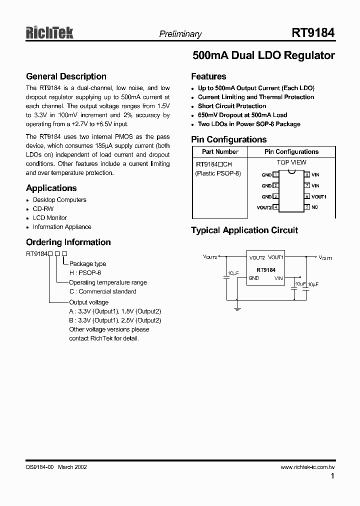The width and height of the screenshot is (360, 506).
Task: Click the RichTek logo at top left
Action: (49, 33)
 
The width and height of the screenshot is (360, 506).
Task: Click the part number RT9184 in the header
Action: (313, 33)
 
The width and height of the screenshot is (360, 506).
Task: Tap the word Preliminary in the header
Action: (180, 34)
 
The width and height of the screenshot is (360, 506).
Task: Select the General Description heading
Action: (66, 76)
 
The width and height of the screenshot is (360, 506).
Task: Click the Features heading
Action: (208, 76)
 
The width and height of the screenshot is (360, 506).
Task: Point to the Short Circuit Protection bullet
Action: (232, 106)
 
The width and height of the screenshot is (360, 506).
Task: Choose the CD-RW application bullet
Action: (43, 208)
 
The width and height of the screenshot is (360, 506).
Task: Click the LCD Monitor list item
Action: (49, 217)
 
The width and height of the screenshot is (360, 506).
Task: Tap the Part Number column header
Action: (220, 151)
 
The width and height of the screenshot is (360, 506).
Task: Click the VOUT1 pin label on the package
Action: (319, 196)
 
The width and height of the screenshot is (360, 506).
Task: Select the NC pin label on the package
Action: (315, 207)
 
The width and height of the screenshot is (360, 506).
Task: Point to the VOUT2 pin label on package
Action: (264, 207)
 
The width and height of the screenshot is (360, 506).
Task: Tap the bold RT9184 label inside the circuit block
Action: (265, 270)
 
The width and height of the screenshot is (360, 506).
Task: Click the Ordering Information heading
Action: (68, 242)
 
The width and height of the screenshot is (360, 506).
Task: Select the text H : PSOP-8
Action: (85, 273)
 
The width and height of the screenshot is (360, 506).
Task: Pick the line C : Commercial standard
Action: (102, 291)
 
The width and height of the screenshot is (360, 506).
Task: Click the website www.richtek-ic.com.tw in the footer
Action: (307, 466)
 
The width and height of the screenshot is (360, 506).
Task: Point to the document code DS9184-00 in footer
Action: (39, 466)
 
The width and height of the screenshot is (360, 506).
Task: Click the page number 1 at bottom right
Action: (332, 476)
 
